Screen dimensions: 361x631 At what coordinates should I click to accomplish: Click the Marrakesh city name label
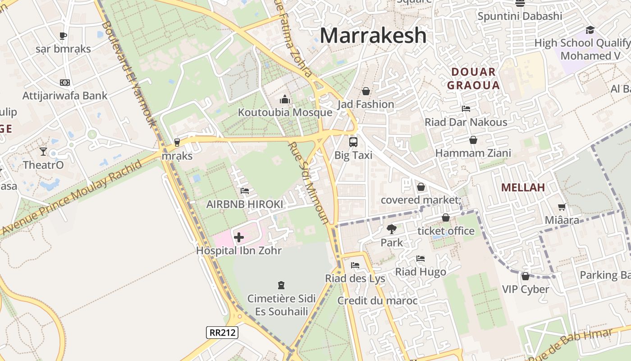tap(373, 35)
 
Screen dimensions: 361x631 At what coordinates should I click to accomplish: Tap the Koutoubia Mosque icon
tap(284, 99)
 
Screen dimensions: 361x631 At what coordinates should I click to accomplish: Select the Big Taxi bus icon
tap(353, 142)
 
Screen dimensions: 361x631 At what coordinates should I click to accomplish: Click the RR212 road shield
tap(222, 333)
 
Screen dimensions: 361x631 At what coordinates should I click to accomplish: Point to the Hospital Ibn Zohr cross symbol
tap(239, 237)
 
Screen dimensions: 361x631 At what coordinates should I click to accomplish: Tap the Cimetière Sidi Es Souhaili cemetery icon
tap(281, 285)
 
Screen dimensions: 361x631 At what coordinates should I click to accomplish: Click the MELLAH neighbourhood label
tap(523, 187)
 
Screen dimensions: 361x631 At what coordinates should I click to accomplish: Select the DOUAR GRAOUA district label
tap(473, 79)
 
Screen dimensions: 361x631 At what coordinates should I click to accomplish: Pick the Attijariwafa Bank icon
tap(65, 83)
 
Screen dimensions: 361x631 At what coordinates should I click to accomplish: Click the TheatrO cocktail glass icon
tap(43, 152)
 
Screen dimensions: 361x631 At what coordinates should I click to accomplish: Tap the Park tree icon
tap(391, 229)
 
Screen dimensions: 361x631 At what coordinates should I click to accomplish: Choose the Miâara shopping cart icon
tap(562, 207)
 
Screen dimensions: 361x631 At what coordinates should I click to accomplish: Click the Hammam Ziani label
tap(473, 153)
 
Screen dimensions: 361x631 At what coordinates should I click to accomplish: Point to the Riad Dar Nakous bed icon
tap(466, 109)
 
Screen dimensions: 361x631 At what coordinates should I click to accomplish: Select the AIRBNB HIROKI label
tap(245, 204)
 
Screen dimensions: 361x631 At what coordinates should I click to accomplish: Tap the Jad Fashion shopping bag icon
tap(366, 92)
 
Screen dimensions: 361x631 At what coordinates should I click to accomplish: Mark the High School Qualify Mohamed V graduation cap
tap(590, 30)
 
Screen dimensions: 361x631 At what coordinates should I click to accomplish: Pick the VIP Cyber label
tap(526, 289)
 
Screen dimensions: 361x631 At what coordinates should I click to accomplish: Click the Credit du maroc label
tap(377, 301)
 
